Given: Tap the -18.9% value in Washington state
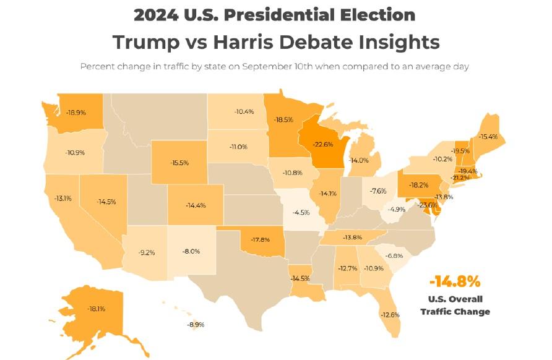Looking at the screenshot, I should point(75,113).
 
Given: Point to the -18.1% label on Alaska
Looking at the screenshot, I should point(96,307).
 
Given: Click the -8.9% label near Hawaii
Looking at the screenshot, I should point(196,324).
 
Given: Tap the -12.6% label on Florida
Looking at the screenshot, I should point(390,314).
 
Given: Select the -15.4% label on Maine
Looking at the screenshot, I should point(488,136).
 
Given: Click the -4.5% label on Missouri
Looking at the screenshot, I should point(301,213).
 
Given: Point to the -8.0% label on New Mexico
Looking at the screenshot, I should point(191,251).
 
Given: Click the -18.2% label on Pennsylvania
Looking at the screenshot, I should point(420,184).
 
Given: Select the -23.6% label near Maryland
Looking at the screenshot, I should point(426,205).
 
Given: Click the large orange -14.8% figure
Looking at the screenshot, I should point(455,282).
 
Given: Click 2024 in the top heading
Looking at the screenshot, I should point(160,15).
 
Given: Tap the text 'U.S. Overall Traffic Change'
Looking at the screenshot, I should point(455,306).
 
